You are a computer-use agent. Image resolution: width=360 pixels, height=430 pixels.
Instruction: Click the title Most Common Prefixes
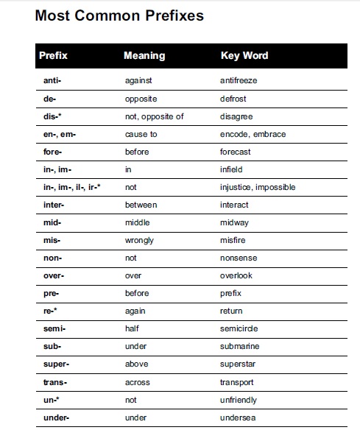[119, 15]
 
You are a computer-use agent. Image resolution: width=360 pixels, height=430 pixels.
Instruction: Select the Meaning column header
[144, 56]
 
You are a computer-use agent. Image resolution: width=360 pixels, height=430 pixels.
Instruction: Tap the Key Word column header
[244, 56]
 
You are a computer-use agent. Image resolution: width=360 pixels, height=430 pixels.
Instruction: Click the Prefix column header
[53, 56]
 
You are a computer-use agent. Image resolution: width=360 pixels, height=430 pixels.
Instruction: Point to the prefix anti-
[52, 80]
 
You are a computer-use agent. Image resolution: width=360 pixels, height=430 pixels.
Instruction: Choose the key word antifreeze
[239, 80]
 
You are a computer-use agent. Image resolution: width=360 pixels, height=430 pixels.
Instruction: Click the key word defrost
[233, 98]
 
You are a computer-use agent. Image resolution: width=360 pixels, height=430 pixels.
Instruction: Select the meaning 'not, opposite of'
[155, 116]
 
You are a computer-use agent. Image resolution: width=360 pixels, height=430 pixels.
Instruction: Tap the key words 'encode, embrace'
[253, 134]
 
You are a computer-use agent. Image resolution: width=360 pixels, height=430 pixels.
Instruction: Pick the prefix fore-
[52, 152]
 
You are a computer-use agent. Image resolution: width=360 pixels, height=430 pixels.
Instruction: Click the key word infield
[232, 169]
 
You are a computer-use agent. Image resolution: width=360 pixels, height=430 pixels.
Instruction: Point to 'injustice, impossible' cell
[258, 187]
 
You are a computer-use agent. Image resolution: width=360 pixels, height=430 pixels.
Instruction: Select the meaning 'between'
[141, 205]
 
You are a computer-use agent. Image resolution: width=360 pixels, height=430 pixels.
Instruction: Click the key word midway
[234, 222]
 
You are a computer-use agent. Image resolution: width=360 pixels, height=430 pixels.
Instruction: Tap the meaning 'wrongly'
[140, 240]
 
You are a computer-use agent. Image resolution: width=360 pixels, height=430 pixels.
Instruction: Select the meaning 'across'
[138, 382]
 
